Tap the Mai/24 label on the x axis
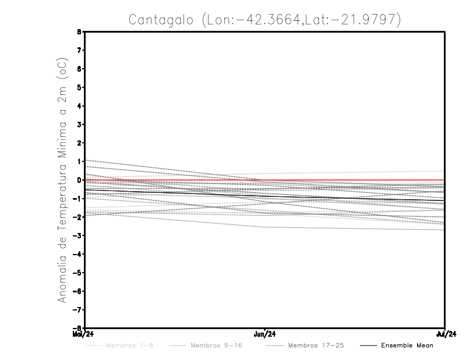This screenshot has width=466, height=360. click(84, 334)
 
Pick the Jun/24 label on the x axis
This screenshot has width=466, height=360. click(265, 334)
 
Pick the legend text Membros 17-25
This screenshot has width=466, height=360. click(316, 345)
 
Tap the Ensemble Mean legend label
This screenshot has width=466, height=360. click(407, 345)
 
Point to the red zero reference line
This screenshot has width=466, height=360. click(349, 180)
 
